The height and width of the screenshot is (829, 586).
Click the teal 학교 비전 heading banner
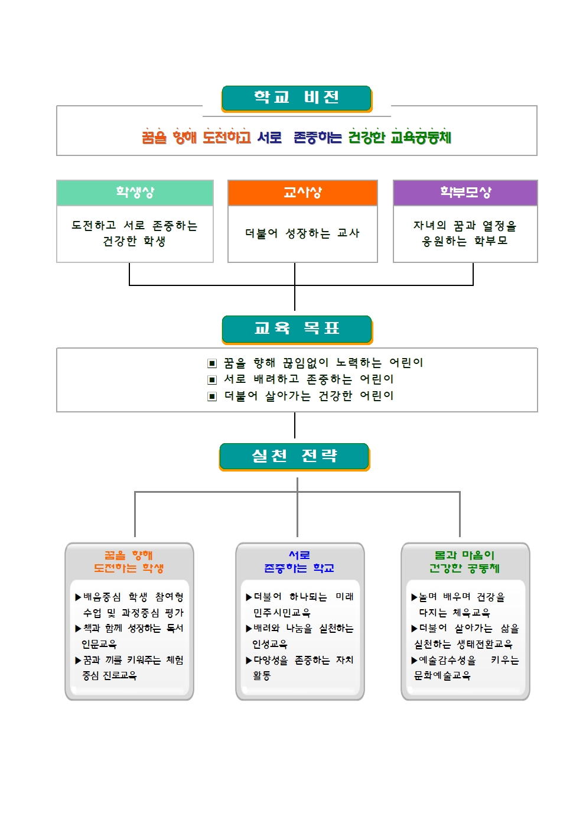[297, 99]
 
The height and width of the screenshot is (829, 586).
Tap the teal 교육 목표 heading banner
[297, 329]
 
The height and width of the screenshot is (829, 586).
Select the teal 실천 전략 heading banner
[295, 457]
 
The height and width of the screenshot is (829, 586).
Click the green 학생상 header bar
[135, 193]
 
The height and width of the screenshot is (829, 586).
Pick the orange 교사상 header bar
[302, 193]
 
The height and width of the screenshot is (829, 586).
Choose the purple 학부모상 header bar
[465, 193]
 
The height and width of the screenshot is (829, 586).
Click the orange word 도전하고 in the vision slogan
[227, 137]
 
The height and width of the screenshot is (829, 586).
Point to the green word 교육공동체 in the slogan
[421, 137]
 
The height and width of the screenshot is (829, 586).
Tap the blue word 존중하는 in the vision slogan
[317, 137]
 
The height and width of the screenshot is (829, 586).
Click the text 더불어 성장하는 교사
[302, 233]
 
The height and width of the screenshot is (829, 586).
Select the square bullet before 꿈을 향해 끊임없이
[212, 363]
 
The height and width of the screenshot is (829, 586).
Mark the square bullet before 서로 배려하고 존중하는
[212, 380]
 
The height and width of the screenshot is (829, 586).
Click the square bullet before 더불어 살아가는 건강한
[212, 396]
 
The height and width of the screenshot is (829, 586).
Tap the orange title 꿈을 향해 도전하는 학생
[129, 561]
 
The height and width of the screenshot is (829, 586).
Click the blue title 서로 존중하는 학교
[299, 561]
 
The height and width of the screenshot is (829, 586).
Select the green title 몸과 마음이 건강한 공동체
[465, 561]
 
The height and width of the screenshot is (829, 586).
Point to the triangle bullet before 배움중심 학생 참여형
[78, 597]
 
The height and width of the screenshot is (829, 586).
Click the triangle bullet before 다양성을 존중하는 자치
[249, 661]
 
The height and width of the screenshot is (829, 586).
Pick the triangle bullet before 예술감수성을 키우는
[414, 661]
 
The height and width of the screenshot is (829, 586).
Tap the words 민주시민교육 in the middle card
[282, 613]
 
